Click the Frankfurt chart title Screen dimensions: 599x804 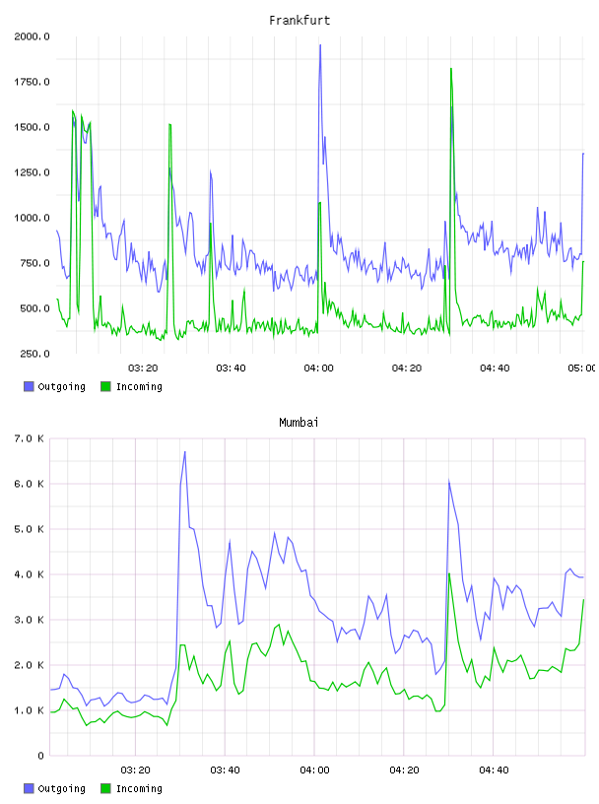(299, 20)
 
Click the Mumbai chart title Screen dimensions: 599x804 (299, 422)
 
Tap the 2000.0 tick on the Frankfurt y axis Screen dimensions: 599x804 (32, 36)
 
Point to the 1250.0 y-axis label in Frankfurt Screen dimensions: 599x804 (32, 172)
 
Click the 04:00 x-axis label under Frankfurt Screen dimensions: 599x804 (318, 368)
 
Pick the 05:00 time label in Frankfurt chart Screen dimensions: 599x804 (581, 368)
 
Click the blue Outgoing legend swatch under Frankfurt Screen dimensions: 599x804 (29, 386)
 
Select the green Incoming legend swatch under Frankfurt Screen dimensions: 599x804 (105, 386)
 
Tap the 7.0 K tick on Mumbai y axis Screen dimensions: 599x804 (29, 438)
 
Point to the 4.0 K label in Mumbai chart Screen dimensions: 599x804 (29, 574)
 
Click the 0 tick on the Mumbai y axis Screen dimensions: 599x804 (40, 756)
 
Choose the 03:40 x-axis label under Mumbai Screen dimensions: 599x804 (225, 770)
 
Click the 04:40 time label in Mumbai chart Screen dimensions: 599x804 (494, 770)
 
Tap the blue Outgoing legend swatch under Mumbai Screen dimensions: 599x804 (29, 788)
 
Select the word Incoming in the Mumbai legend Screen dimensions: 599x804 (139, 788)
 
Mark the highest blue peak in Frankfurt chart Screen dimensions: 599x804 (320, 45)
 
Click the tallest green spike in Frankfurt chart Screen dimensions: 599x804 (451, 68)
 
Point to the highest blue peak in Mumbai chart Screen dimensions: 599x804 (184, 451)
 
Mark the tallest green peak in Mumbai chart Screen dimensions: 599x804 (449, 573)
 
